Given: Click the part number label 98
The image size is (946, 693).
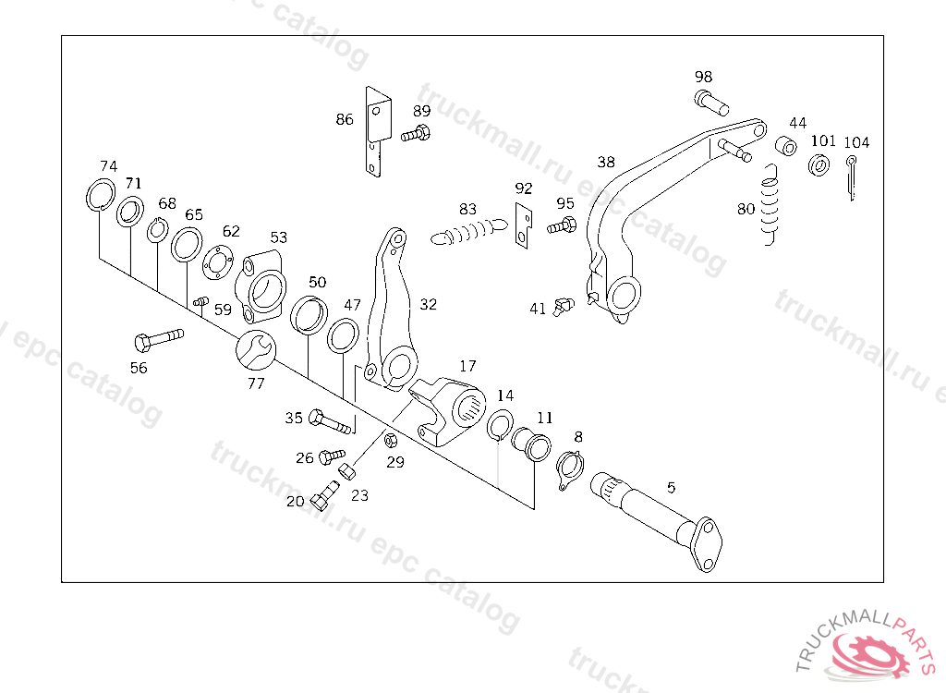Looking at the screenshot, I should (704, 77).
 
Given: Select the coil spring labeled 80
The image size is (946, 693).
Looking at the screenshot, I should (771, 205).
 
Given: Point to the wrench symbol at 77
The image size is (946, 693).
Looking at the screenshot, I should (255, 349).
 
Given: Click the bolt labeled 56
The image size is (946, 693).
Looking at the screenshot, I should (158, 339).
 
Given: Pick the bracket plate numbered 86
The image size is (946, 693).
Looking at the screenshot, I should (375, 129).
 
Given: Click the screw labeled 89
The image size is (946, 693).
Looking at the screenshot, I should (417, 136).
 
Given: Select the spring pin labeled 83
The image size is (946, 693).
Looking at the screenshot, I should (469, 229).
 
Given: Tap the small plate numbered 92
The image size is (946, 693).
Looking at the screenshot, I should (524, 225).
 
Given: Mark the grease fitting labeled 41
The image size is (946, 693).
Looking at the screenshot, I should (563, 306).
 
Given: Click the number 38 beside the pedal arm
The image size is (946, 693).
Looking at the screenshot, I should (606, 163).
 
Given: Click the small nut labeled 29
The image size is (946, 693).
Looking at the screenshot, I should (389, 439).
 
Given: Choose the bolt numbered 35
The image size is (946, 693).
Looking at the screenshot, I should (329, 422).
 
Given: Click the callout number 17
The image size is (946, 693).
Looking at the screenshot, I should (467, 366).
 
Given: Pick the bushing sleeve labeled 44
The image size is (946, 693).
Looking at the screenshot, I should (785, 147).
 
